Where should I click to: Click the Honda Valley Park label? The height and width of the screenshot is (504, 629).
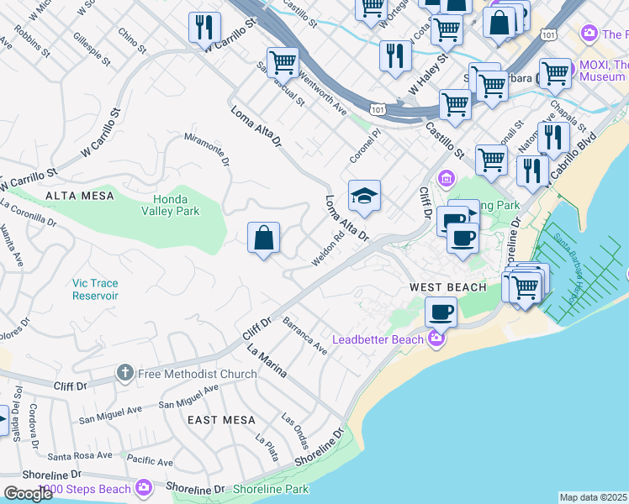pyautogui.click(x=176, y=205)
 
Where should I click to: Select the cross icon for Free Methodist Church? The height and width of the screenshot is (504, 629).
pyautogui.click(x=124, y=373)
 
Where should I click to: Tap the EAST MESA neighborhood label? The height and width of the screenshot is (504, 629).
pyautogui.click(x=221, y=419)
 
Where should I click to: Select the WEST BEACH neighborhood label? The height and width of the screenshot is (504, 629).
pyautogui.click(x=447, y=287)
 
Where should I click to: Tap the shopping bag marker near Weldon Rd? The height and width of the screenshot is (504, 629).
pyautogui.click(x=263, y=238)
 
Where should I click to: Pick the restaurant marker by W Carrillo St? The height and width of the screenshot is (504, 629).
pyautogui.click(x=204, y=28)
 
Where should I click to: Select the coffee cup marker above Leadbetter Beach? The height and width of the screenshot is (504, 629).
pyautogui.click(x=441, y=312)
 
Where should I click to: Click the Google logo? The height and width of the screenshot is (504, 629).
pyautogui.click(x=28, y=494)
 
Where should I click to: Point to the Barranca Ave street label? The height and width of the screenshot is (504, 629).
pyautogui.click(x=304, y=335)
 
